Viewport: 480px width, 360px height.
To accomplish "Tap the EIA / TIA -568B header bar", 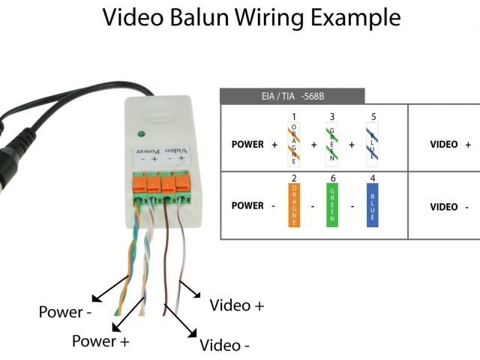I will click(x=292, y=96).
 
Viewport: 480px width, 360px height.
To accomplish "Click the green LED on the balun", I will click(x=139, y=135).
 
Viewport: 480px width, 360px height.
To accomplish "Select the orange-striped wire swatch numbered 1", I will click(x=294, y=144).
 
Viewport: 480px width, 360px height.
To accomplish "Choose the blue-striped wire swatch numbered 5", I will click(x=372, y=144).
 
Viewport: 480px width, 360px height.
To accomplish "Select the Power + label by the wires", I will click(x=100, y=341).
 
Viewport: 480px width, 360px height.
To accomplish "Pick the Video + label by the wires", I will click(x=237, y=305).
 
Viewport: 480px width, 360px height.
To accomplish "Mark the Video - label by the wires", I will click(x=225, y=346).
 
